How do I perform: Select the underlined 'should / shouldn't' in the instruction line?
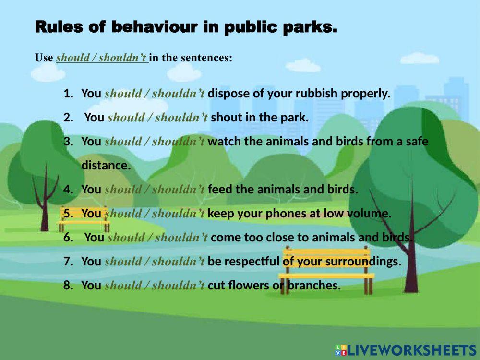click(101, 58)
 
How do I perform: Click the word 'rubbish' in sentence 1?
click(317, 94)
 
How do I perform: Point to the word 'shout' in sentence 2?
click(225, 118)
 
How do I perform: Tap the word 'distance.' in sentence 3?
click(106, 166)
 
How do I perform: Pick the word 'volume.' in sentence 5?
click(371, 214)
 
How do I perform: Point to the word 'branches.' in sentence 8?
click(313, 286)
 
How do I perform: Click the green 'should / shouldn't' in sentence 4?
click(155, 190)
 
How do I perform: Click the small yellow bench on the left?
click(84, 219)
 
